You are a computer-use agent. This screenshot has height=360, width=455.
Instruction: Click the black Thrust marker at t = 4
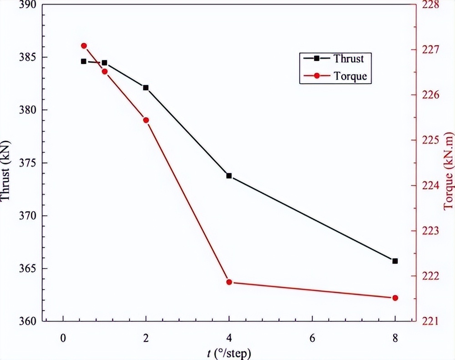pyautogui.click(x=229, y=175)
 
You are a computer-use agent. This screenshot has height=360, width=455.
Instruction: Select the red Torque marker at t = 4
pyautogui.click(x=229, y=282)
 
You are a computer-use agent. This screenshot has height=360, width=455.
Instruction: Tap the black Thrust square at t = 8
pyautogui.click(x=395, y=261)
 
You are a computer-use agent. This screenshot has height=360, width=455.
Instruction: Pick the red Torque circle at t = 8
pyautogui.click(x=395, y=298)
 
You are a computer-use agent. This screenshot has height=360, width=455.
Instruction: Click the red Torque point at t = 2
pyautogui.click(x=146, y=120)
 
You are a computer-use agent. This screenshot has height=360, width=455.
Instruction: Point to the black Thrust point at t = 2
pyautogui.click(x=146, y=87)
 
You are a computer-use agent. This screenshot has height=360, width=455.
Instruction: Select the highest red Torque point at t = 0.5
pyautogui.click(x=84, y=45)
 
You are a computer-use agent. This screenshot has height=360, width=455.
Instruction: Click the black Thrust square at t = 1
pyautogui.click(x=105, y=62)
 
